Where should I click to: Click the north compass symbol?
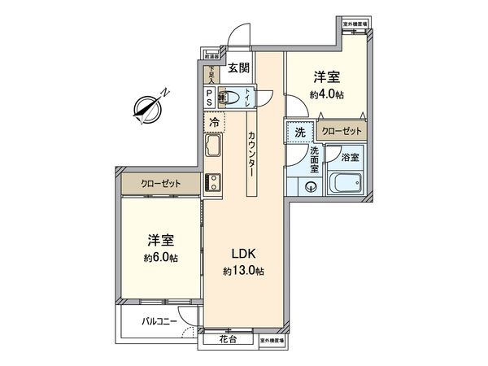pyautogui.click(x=150, y=106)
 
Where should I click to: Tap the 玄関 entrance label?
pyautogui.click(x=238, y=69)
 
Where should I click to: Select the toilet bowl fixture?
pyautogui.click(x=233, y=98)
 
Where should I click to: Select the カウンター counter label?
pyautogui.click(x=252, y=155)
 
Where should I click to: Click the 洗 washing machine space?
pyautogui.click(x=299, y=132)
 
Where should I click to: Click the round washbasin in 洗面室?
pyautogui.click(x=310, y=186)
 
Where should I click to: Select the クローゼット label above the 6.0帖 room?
pyautogui.click(x=159, y=184)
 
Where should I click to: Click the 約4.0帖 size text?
pyautogui.click(x=326, y=94)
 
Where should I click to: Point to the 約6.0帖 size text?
pyautogui.click(x=160, y=257)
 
